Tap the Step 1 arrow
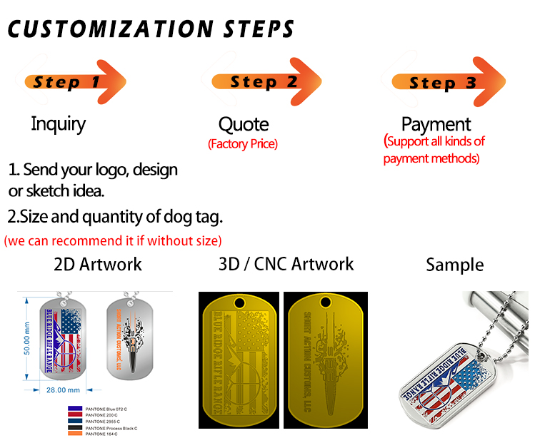(x=74, y=81)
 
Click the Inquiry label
(x=58, y=123)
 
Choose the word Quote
(x=244, y=125)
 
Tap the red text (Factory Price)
(x=243, y=144)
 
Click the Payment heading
(x=436, y=124)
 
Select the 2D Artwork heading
(x=98, y=264)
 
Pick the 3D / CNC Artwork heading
(x=286, y=264)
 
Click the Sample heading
(x=454, y=265)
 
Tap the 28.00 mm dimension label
(x=63, y=389)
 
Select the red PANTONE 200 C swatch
(x=74, y=414)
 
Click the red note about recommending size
(x=113, y=240)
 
